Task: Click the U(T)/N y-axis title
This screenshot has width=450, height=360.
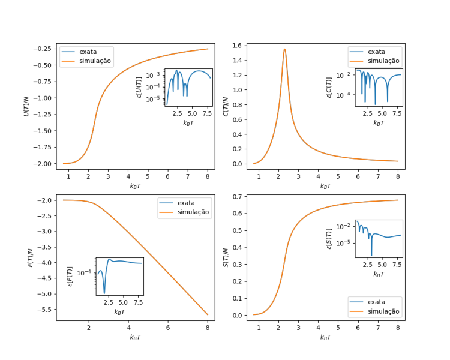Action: click(27, 107)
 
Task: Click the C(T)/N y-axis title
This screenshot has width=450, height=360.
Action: click(226, 107)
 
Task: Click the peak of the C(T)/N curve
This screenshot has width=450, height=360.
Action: click(284, 49)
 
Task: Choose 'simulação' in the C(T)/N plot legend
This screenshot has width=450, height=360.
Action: click(383, 61)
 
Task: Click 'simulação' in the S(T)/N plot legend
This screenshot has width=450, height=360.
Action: click(383, 311)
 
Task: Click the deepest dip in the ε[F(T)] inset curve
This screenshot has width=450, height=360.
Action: click(104, 293)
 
